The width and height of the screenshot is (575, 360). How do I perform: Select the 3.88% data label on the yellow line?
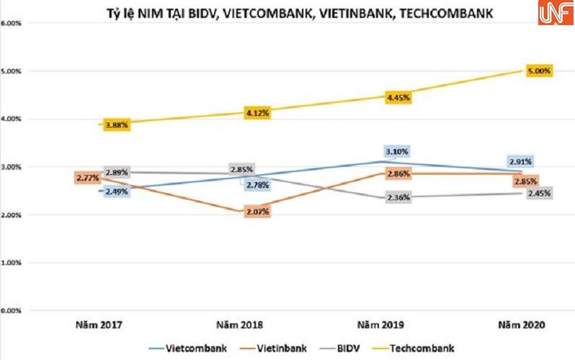coord(116,125)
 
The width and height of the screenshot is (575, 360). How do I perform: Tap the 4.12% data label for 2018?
coord(257,113)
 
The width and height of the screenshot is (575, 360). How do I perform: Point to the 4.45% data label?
coord(398,97)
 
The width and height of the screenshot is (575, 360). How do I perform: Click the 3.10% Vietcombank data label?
coord(398,152)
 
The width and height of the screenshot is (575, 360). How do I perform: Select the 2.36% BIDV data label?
coord(398,198)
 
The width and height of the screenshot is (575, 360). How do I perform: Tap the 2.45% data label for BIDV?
coord(538,194)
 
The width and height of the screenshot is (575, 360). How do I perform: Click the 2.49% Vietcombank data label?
coord(116,192)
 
